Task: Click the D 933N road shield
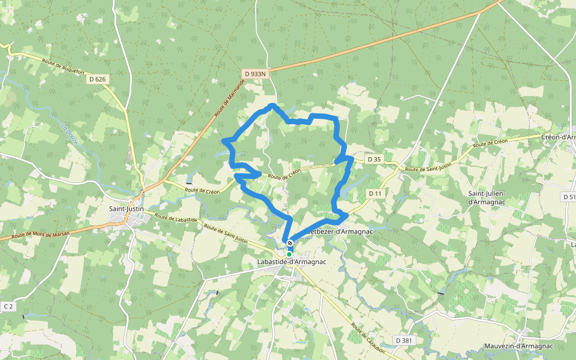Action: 255,73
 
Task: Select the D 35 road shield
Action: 374,159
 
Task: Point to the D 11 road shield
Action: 375,193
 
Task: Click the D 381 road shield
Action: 404,340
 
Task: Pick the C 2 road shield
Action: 8,307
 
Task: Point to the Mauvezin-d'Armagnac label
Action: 518,346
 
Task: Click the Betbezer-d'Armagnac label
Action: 341,232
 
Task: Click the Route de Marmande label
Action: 230,99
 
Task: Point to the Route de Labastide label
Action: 175,218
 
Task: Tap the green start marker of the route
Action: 289,254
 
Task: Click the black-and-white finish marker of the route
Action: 290,243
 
